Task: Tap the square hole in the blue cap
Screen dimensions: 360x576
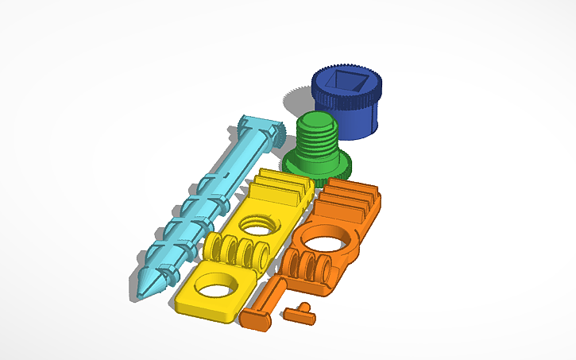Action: click(346, 81)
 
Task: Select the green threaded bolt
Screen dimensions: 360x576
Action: click(319, 148)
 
